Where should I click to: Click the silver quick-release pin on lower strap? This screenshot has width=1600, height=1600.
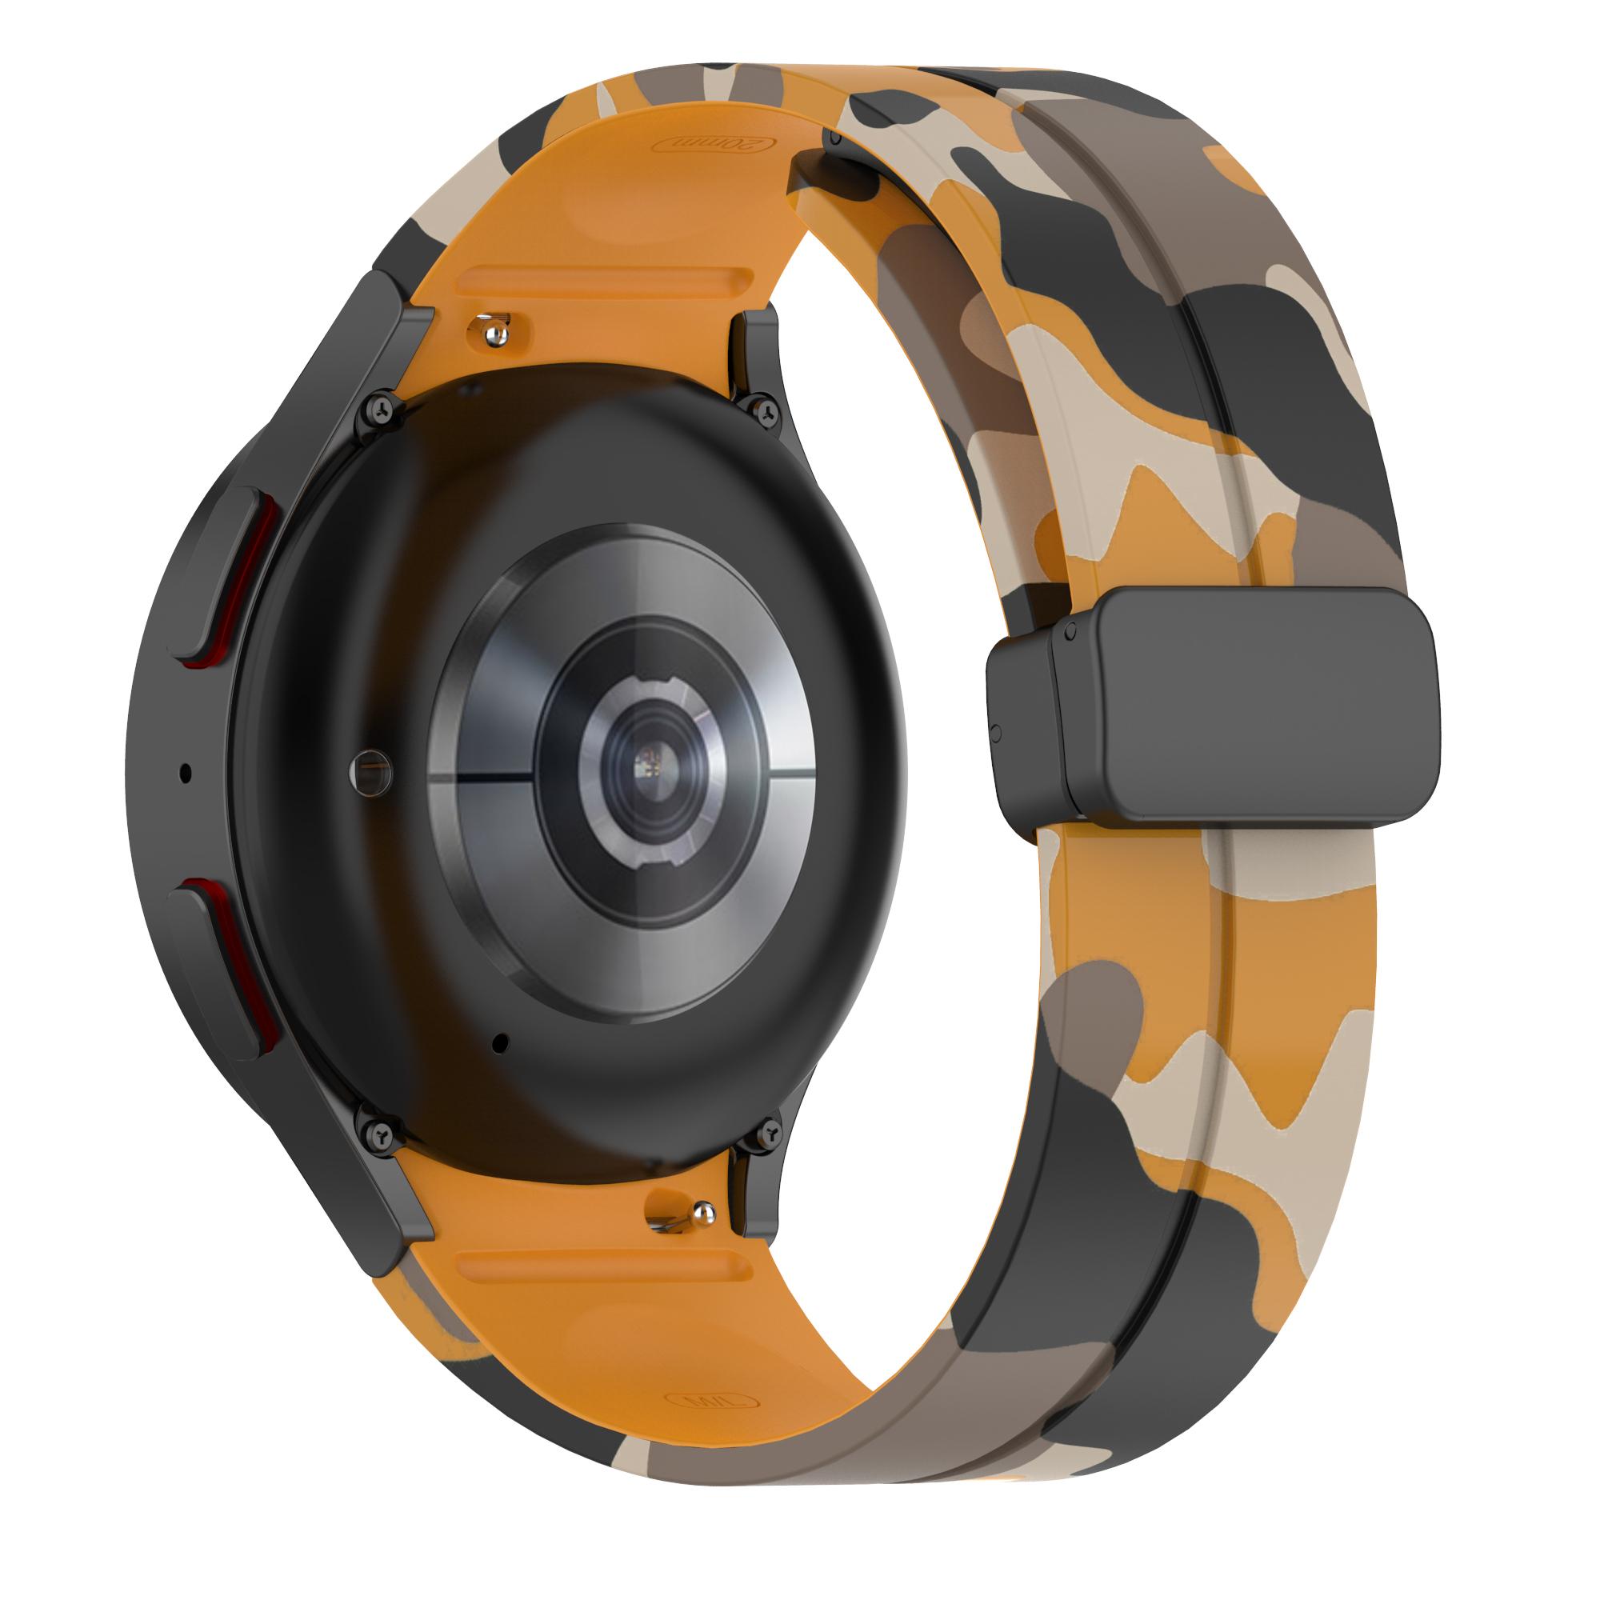pyautogui.click(x=703, y=1214)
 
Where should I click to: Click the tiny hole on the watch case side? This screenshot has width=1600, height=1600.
pyautogui.click(x=185, y=774)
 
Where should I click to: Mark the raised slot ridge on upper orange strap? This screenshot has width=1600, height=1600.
pyautogui.click(x=605, y=278)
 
